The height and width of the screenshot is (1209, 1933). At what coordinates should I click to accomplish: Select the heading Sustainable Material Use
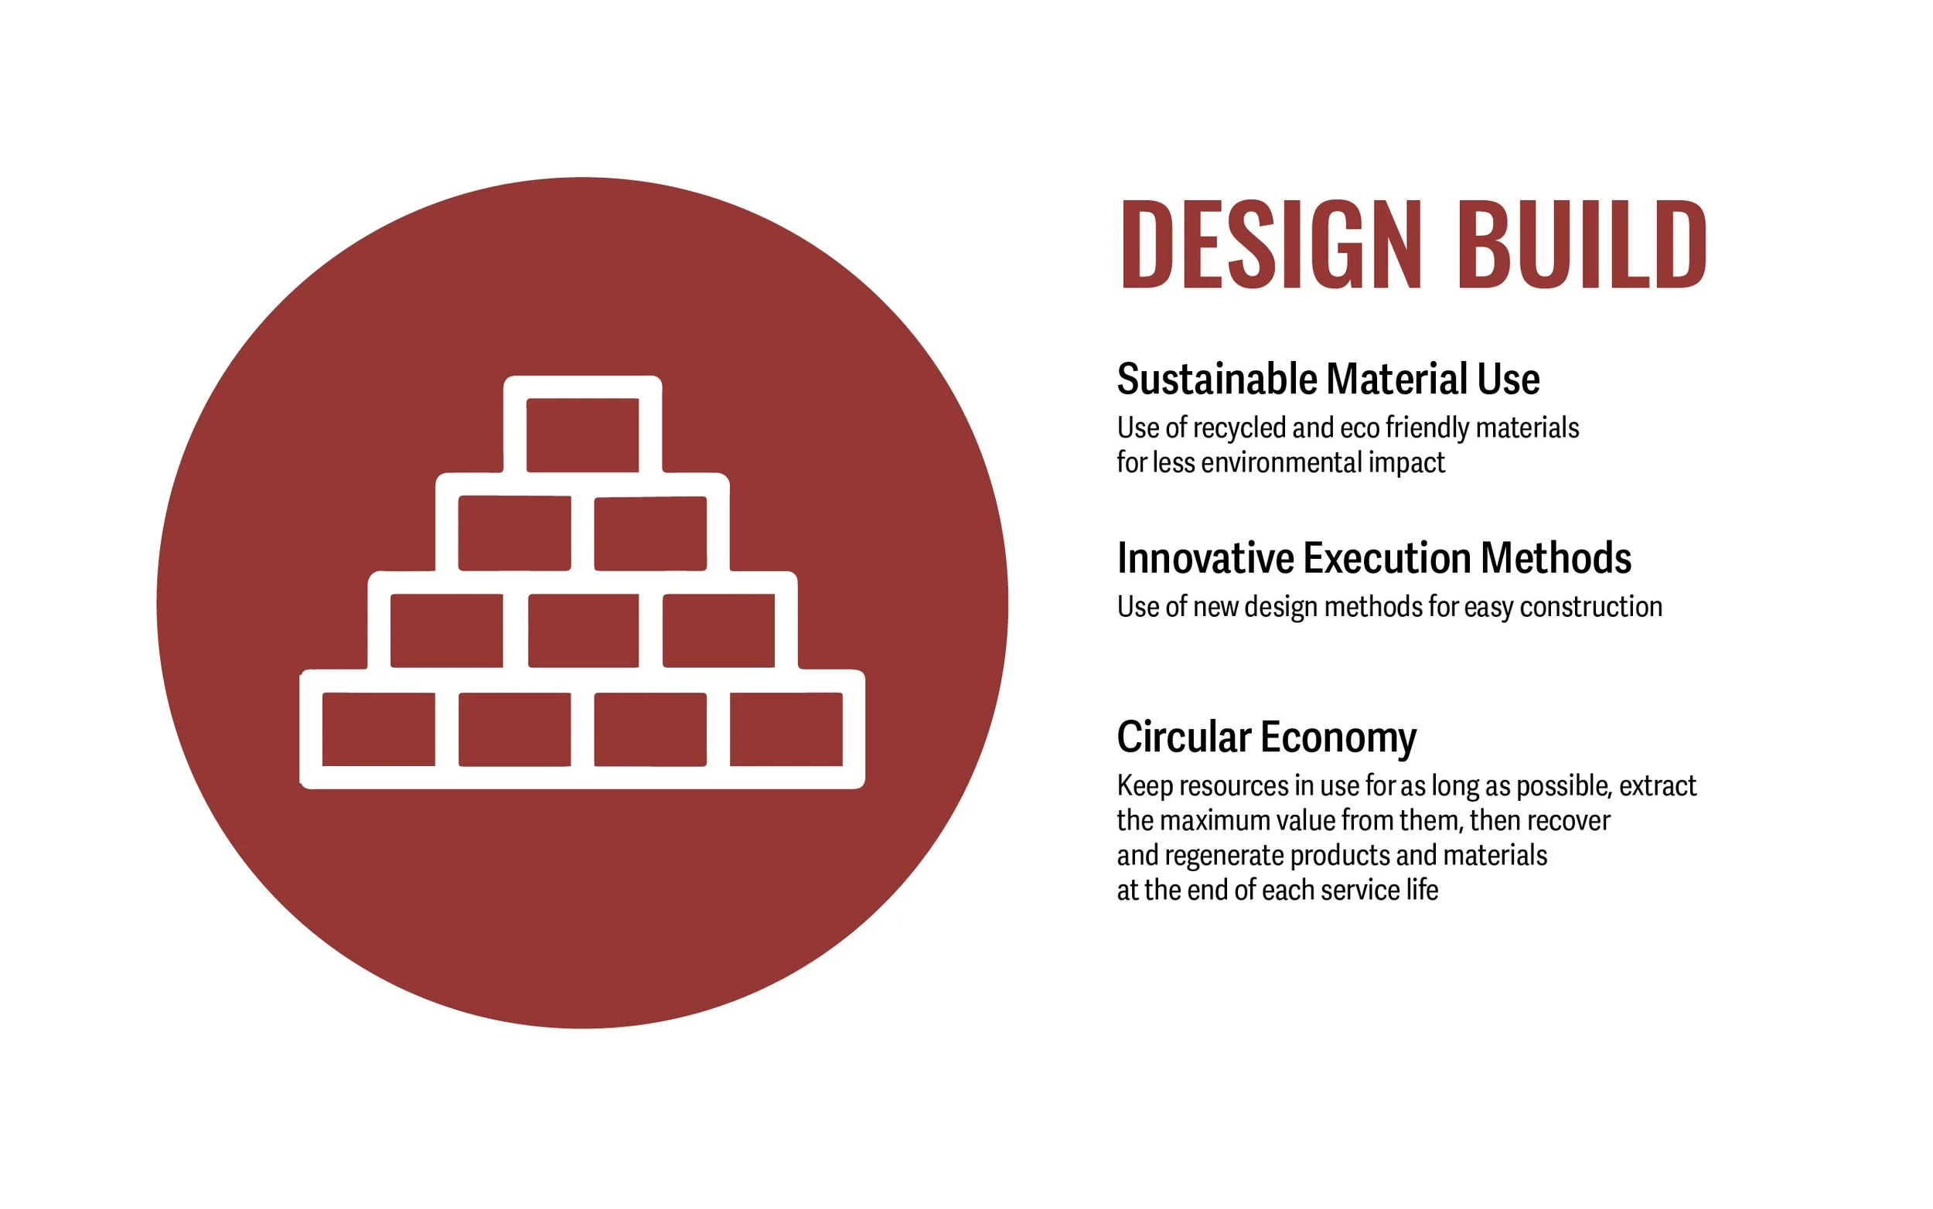1328,379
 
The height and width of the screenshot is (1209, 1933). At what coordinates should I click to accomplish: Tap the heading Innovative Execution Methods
1373,558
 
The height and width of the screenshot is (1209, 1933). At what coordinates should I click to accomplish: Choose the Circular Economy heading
1266,737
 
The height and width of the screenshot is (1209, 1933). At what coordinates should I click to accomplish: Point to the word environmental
1283,463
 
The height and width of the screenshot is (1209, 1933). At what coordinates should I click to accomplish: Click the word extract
1657,786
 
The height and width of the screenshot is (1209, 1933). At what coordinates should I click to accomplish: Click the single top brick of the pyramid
582,435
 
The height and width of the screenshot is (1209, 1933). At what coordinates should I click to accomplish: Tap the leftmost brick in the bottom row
378,729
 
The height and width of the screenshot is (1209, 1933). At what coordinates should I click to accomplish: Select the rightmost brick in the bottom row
786,729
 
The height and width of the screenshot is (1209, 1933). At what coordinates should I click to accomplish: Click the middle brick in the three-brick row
583,631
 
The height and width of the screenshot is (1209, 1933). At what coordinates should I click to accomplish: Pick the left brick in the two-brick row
514,533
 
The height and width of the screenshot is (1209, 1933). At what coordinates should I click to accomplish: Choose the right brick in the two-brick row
650,533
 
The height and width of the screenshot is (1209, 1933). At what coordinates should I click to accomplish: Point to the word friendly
1427,428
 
